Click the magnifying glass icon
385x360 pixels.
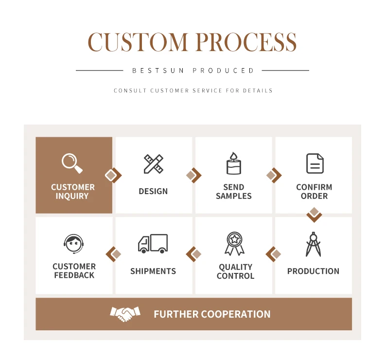pos(72,163)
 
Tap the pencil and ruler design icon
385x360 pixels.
pos(154,164)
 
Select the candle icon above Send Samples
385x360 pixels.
pos(234,163)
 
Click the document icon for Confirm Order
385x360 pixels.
pos(315,163)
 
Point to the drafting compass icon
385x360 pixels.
pos(313,244)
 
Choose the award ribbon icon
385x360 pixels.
pos(234,244)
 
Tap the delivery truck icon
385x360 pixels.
pos(153,244)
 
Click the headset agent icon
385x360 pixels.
pos(73,244)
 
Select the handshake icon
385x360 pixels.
pos(125,314)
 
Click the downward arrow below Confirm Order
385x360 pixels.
pos(315,214)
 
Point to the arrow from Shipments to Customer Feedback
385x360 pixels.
pos(113,254)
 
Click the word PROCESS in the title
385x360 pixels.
pos(245,43)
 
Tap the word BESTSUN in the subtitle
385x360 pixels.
pos(158,71)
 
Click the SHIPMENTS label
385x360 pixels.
pos(153,271)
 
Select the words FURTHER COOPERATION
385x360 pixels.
pos(212,314)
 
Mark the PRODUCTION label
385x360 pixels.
pos(313,271)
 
